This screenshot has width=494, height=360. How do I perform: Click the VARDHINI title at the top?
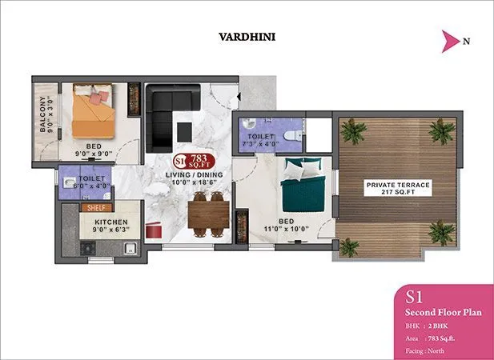[247, 36]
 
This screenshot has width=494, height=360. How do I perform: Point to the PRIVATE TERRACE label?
[398, 185]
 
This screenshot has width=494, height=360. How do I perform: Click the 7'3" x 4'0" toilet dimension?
[261, 146]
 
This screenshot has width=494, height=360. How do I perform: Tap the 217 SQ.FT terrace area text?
[398, 194]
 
